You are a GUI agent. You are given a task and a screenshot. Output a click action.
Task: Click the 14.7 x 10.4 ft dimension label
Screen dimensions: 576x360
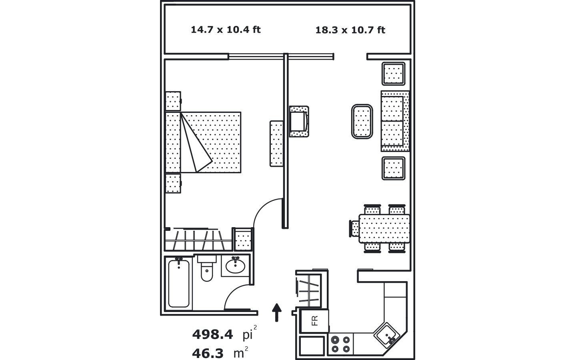click(226, 30)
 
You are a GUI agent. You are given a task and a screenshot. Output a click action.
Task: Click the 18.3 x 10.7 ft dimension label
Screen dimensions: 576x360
click(350, 30)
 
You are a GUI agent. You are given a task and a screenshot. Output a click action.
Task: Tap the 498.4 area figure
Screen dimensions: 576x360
click(212, 334)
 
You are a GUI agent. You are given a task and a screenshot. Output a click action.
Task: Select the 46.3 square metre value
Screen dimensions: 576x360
click(208, 353)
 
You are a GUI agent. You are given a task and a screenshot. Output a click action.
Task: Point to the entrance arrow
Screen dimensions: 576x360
click(277, 312)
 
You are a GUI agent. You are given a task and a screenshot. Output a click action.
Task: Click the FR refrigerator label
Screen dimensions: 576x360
click(315, 321)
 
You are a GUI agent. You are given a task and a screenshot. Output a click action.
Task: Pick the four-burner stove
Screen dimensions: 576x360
click(341, 344)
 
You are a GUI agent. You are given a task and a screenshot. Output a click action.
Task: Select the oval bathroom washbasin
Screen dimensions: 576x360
click(235, 266)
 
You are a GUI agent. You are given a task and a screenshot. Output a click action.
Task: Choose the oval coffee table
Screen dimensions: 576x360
click(362, 122)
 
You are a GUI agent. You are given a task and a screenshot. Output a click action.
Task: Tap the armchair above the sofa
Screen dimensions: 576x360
click(394, 74)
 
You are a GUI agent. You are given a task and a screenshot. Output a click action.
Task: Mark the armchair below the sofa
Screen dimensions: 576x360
click(394, 168)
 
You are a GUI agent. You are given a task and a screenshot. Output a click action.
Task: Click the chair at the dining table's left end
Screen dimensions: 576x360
click(354, 228)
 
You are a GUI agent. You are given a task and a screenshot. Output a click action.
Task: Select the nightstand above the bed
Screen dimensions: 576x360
click(173, 101)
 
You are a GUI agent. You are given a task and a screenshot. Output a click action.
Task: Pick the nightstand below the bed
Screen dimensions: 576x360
click(173, 183)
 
